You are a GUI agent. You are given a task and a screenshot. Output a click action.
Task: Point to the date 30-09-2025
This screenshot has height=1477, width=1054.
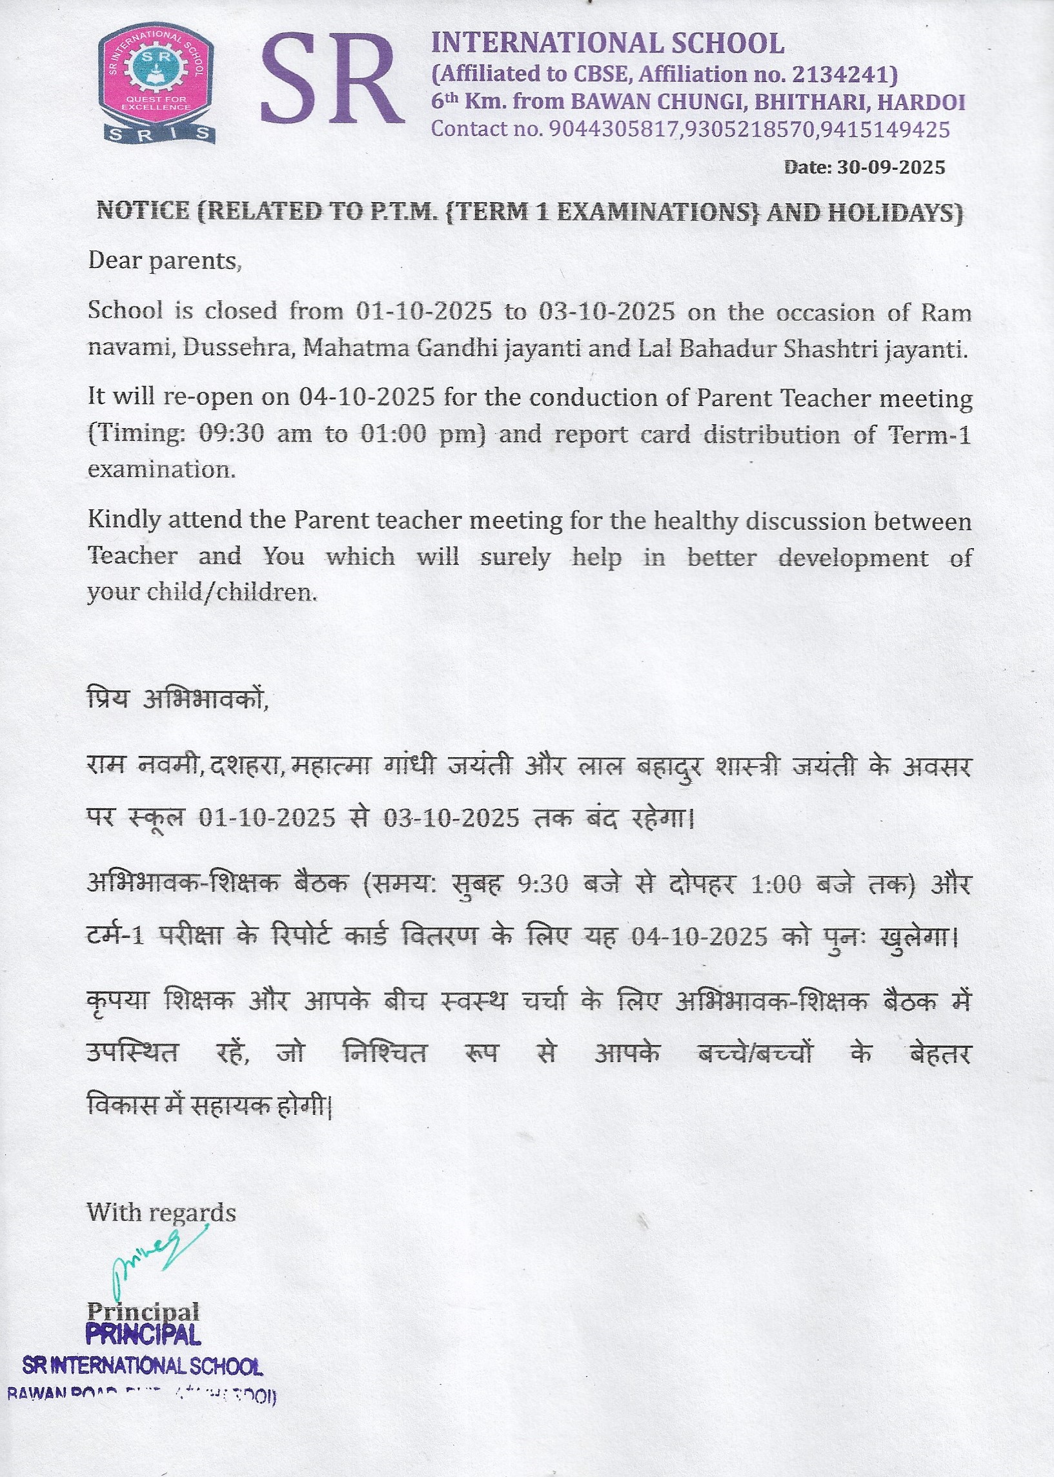pos(891,167)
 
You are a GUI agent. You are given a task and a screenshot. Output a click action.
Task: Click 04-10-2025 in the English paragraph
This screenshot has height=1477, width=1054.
pos(366,396)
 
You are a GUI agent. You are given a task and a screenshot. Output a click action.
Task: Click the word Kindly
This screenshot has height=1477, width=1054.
pos(124,520)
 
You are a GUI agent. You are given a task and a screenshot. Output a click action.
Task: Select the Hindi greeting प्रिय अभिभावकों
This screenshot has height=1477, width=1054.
pos(178,700)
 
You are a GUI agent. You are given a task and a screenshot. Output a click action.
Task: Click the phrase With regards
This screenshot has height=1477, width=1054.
pos(161,1212)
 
